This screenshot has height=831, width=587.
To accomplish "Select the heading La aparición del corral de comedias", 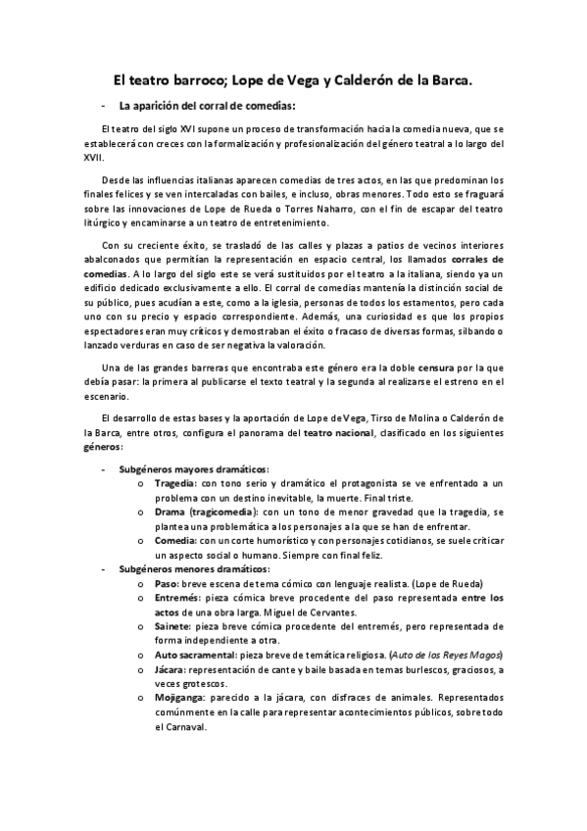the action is pos(205,105).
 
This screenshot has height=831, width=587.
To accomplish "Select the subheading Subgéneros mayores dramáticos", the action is pos(193,468).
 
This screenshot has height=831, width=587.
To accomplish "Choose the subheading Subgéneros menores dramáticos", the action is pos(193,568).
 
